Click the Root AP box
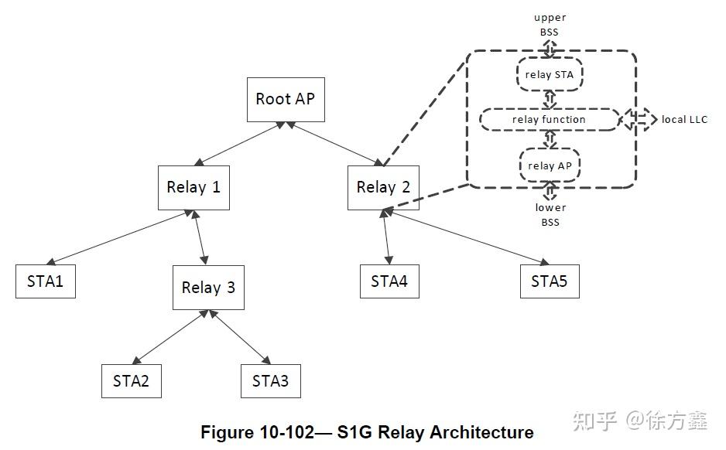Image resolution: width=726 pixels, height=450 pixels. [285, 99]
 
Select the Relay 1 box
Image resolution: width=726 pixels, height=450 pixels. [193, 187]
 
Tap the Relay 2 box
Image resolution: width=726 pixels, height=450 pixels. [383, 187]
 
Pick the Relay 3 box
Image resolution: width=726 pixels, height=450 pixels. [208, 288]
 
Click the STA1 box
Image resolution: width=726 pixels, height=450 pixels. [46, 281]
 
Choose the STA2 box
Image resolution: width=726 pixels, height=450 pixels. [132, 380]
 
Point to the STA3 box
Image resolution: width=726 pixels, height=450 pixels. [270, 380]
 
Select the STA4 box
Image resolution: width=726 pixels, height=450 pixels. [389, 281]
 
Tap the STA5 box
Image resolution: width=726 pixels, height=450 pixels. [549, 281]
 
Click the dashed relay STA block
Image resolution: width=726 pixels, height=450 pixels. [549, 75]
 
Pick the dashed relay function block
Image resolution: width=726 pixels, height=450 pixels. [549, 120]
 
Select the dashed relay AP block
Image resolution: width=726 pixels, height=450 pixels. [549, 165]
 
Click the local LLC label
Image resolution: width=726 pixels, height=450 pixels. [684, 120]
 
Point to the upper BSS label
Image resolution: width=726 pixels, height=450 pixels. [550, 23]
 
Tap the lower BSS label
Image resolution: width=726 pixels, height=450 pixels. [550, 213]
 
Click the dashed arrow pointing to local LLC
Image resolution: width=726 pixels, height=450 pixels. [639, 120]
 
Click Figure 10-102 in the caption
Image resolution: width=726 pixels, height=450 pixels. [263, 431]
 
